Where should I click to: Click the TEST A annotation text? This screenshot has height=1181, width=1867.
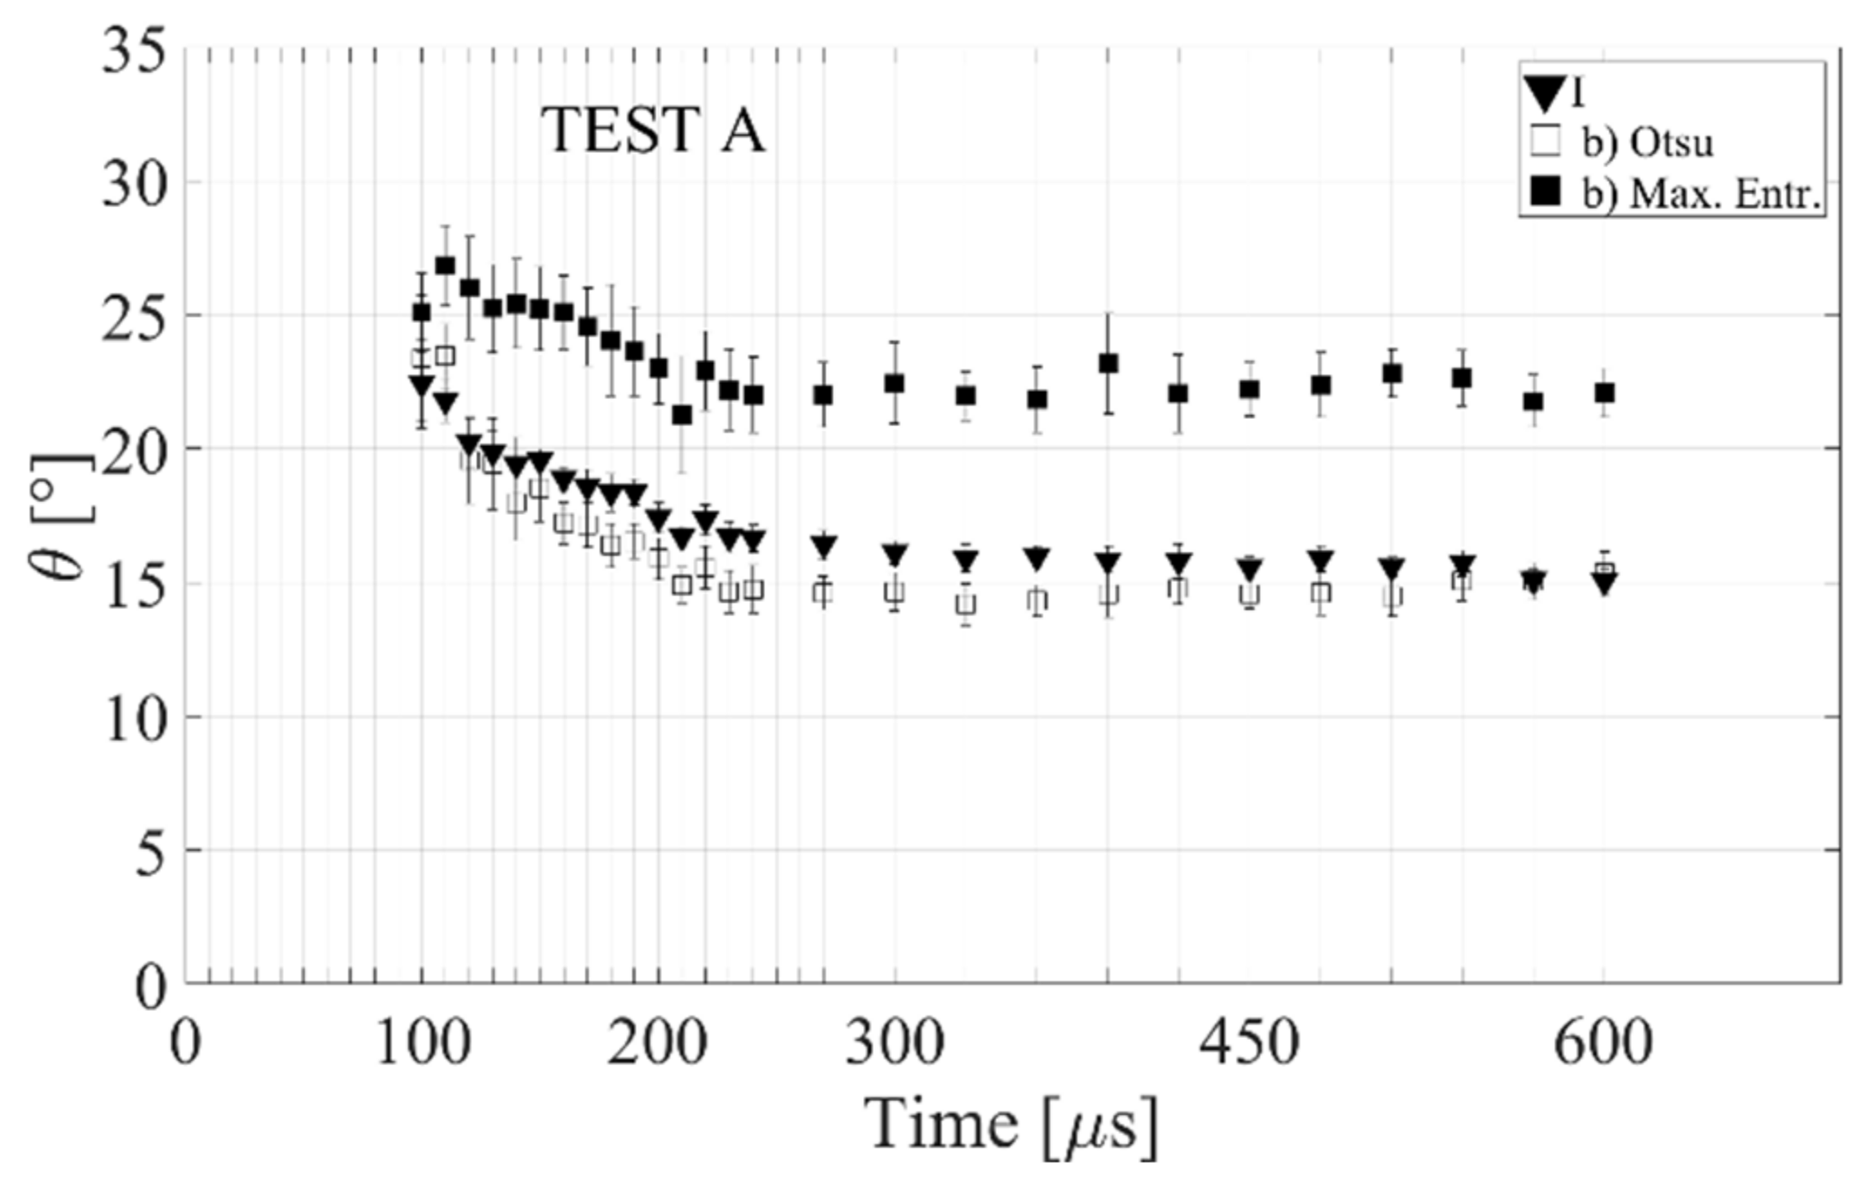653,131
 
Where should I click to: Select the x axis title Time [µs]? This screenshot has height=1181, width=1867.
1010,1125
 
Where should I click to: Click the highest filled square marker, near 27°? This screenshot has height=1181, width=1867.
445,265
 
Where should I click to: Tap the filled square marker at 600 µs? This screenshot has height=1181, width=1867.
1605,393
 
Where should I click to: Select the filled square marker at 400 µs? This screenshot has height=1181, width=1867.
1108,364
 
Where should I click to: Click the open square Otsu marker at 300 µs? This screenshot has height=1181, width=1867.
895,592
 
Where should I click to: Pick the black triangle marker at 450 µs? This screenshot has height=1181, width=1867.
1249,570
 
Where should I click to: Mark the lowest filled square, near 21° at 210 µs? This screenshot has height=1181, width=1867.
682,414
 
